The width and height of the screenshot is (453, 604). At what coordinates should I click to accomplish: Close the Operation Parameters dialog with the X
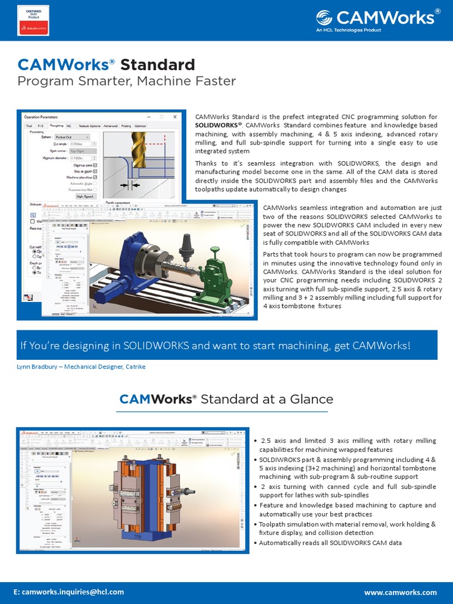click(175, 117)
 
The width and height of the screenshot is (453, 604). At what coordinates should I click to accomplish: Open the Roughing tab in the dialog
click(57, 126)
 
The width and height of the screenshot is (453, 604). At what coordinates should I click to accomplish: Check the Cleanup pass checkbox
click(96, 166)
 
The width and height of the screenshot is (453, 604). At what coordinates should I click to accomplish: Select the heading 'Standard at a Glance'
click(267, 399)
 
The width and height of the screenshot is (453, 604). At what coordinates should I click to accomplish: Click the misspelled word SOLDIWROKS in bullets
click(281, 459)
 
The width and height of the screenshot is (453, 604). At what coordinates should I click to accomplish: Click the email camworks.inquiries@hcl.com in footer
click(70, 592)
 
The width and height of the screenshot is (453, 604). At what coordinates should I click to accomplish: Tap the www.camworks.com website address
click(401, 592)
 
